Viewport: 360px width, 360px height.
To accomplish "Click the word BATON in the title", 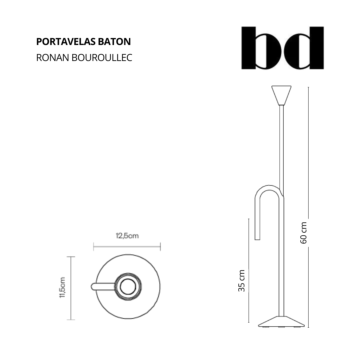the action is click(x=115, y=42).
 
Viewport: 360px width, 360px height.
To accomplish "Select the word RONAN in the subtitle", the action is click(x=53, y=58).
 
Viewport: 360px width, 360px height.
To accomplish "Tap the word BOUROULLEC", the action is click(x=102, y=58).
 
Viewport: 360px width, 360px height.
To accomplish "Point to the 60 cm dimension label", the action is click(x=304, y=233).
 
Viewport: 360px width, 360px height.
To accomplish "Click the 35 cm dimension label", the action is click(x=242, y=281).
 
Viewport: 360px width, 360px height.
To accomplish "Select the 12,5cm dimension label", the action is click(x=127, y=236).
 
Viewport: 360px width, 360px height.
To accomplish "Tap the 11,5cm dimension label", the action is click(x=62, y=288).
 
